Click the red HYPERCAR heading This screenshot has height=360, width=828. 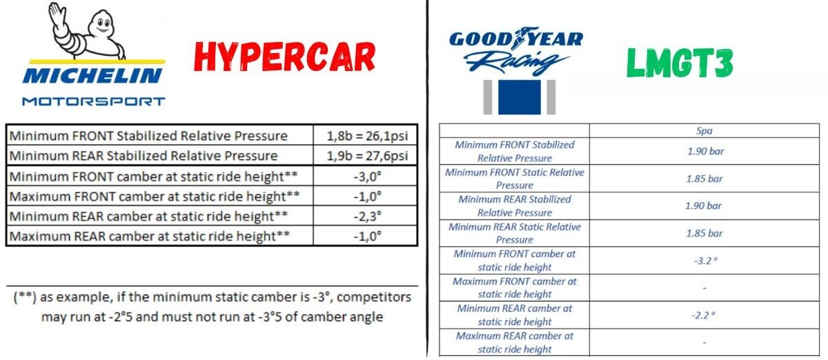(284, 57)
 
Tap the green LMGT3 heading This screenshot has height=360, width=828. (680, 63)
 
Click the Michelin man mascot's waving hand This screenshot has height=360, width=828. (55, 13)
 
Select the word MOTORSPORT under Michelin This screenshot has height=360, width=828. (94, 101)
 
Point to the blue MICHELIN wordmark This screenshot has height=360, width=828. (92, 75)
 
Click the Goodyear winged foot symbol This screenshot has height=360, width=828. (521, 38)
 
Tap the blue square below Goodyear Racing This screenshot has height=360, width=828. (520, 97)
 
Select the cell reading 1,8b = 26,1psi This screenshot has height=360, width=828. (367, 136)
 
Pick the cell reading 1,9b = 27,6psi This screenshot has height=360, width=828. (367, 156)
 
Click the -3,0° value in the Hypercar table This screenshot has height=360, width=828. (367, 177)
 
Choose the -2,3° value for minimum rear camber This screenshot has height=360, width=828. (367, 217)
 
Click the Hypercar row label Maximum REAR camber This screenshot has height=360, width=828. (149, 236)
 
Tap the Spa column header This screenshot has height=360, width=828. (704, 131)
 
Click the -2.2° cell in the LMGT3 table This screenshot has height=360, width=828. (703, 315)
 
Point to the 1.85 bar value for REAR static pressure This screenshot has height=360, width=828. (704, 233)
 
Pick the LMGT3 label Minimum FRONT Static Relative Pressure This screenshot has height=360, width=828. (515, 179)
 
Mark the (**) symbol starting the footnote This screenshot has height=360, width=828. (25, 297)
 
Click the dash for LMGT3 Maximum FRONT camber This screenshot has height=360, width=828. (704, 288)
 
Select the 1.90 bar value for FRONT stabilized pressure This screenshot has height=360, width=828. (705, 151)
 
